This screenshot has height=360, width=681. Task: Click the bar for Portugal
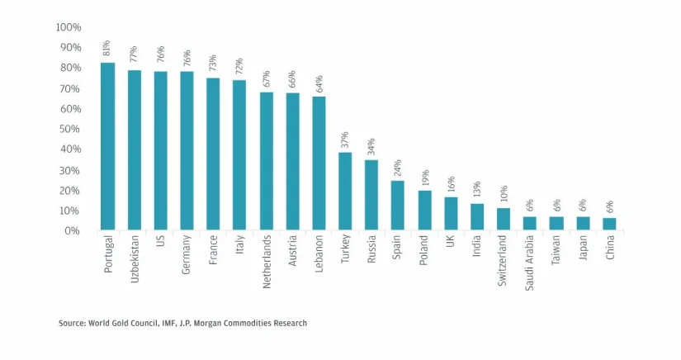tap(107, 146)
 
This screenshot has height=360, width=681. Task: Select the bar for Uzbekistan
tap(134, 149)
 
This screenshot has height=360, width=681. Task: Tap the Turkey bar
tap(345, 191)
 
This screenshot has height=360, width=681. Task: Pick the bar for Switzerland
tap(504, 219)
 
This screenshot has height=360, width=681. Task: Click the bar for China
tap(609, 224)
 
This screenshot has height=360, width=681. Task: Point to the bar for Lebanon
tap(319, 163)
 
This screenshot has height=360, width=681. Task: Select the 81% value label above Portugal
tap(107, 49)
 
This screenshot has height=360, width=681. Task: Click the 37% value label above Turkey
tap(345, 139)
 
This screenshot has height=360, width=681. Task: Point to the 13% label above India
tap(477, 190)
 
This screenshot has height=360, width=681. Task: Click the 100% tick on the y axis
tap(69, 27)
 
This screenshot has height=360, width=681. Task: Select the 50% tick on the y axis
tap(71, 129)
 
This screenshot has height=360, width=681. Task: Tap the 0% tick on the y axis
tap(73, 231)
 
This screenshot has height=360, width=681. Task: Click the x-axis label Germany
tap(187, 257)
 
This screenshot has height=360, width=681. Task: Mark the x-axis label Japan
tap(583, 250)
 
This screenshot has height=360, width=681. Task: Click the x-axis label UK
tap(451, 245)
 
